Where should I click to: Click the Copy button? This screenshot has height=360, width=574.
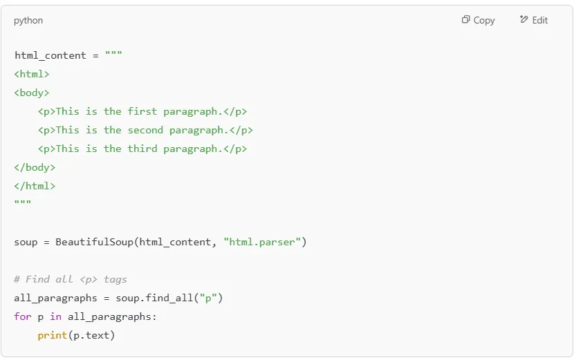pyautogui.click(x=479, y=20)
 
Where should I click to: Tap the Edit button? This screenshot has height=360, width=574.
pyautogui.click(x=534, y=20)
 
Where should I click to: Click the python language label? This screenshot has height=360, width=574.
pyautogui.click(x=28, y=21)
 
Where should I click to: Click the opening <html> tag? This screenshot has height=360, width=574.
pyautogui.click(x=32, y=74)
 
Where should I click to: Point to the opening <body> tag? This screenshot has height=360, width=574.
pyautogui.click(x=32, y=93)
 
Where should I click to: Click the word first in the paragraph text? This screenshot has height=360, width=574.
pyautogui.click(x=142, y=111)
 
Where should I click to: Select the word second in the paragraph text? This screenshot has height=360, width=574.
pyautogui.click(x=145, y=130)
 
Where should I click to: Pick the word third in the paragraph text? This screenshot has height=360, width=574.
pyautogui.click(x=142, y=149)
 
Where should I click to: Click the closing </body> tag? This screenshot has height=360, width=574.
pyautogui.click(x=35, y=167)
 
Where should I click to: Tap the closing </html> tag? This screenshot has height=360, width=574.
pyautogui.click(x=35, y=186)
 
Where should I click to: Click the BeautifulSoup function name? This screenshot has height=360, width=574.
pyautogui.click(x=95, y=242)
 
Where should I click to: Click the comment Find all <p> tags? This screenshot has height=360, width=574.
pyautogui.click(x=71, y=279)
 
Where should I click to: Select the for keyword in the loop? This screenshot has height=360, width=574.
pyautogui.click(x=23, y=316)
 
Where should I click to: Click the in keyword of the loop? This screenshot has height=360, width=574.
pyautogui.click(x=56, y=316)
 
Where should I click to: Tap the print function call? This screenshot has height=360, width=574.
pyautogui.click(x=53, y=335)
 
